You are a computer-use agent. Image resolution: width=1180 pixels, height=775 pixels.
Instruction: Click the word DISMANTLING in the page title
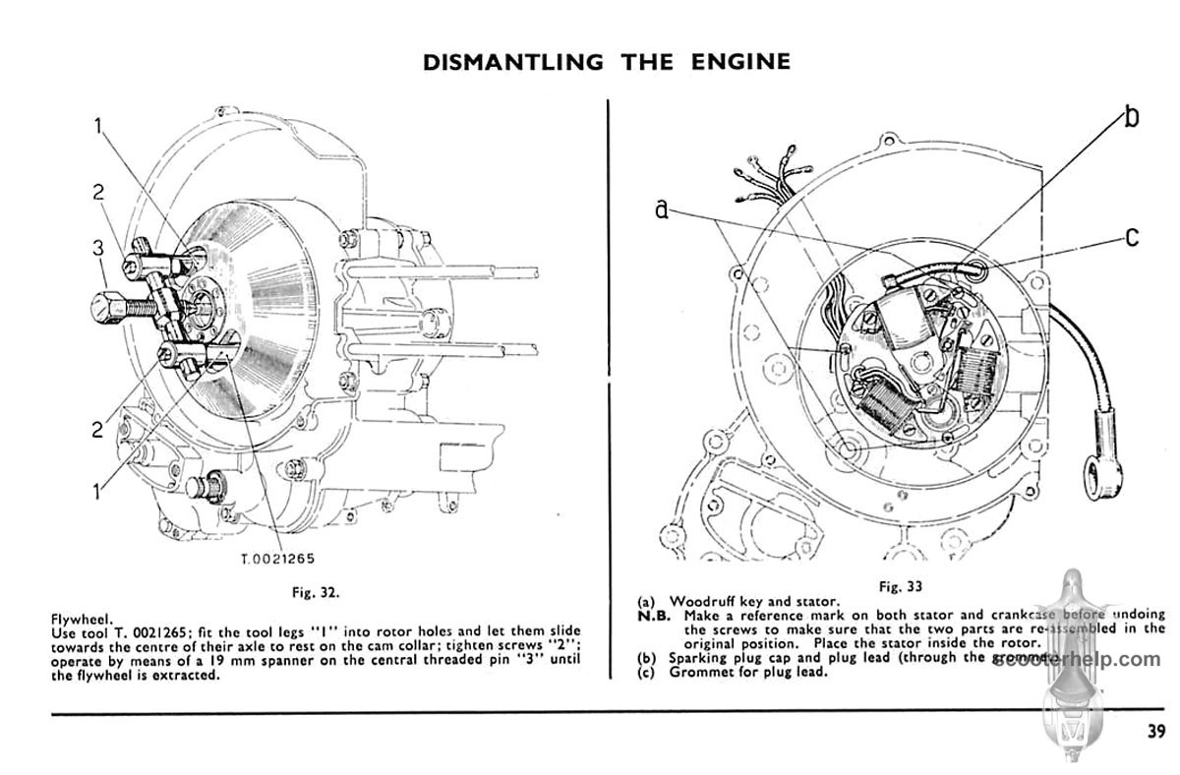(512, 62)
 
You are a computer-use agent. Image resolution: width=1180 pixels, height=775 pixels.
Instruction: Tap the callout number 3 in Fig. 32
(98, 249)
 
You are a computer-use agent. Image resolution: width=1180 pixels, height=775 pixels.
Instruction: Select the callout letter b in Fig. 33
(1132, 117)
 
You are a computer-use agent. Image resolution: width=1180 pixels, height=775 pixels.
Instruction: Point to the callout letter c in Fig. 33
(1132, 237)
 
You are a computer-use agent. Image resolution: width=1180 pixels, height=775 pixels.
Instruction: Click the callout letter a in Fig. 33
(663, 209)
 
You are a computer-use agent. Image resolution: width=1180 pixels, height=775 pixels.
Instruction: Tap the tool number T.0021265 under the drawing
(278, 560)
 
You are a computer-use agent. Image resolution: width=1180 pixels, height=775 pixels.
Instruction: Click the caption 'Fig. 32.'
(316, 592)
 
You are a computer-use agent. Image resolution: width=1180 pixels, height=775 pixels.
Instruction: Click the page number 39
(1155, 730)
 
